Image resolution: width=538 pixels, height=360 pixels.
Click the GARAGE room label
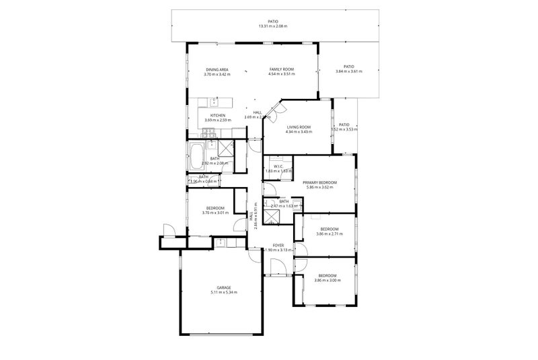pyautogui.click(x=224, y=287)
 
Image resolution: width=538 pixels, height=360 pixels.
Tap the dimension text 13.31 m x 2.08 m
pyautogui.click(x=272, y=26)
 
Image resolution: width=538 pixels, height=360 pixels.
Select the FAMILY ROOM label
pyautogui.click(x=282, y=69)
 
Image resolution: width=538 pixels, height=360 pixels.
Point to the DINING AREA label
pyautogui.click(x=218, y=69)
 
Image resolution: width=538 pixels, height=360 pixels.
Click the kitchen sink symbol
pyautogui.click(x=215, y=102)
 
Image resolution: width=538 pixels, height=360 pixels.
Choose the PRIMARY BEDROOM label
pyautogui.click(x=319, y=182)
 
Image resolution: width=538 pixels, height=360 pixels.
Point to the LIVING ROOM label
pyautogui.click(x=299, y=127)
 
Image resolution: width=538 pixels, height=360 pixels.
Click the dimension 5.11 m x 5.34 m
pyautogui.click(x=224, y=292)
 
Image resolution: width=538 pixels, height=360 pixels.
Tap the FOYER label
pyautogui.click(x=276, y=245)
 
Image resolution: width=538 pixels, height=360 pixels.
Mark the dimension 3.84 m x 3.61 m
pyautogui.click(x=348, y=71)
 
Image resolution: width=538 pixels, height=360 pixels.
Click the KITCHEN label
pyautogui.click(x=218, y=115)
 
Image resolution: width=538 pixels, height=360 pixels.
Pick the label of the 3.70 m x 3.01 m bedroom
pyautogui.click(x=215, y=208)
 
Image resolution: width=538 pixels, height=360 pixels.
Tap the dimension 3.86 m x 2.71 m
pyautogui.click(x=329, y=233)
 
